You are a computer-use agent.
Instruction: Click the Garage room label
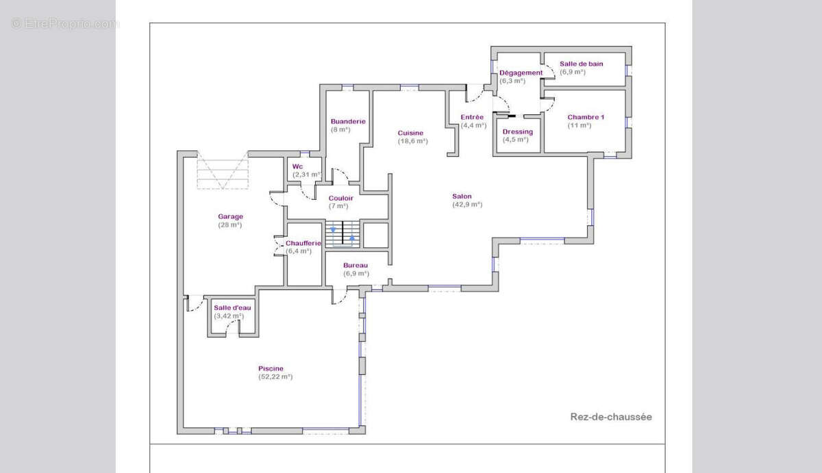[230, 216]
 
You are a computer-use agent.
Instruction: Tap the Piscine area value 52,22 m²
[275, 376]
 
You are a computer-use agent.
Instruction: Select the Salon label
[462, 196]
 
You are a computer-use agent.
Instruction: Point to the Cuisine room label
[410, 133]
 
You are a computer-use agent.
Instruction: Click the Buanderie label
[348, 121]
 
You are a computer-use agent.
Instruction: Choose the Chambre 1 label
[586, 117]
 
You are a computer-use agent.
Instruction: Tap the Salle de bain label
[582, 64]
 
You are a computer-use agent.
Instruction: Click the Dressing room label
[518, 131]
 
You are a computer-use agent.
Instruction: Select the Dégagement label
[521, 73]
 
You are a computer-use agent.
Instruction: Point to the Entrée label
[472, 117]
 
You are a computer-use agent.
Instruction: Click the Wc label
[297, 166]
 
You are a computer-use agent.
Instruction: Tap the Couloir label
[341, 198]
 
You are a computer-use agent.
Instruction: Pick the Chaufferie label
[303, 243]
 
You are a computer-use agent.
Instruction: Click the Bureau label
[356, 265]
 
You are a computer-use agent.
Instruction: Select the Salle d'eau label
[232, 307]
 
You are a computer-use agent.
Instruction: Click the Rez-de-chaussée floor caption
[611, 417]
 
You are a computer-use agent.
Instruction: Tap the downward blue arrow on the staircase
[333, 230]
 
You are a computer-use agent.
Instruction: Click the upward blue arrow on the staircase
[352, 238]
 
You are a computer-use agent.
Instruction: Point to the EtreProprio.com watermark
[64, 23]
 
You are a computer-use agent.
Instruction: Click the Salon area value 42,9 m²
[467, 204]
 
